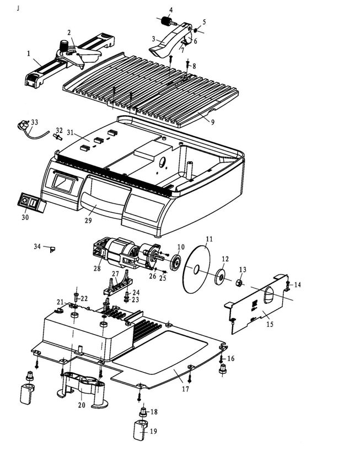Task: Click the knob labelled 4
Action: pos(164,22)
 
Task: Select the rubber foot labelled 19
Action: pos(139,428)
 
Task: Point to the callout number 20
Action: pos(82,405)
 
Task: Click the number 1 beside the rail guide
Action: pos(28,54)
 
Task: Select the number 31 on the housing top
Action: pos(70,132)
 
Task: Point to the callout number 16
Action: pos(230,359)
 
